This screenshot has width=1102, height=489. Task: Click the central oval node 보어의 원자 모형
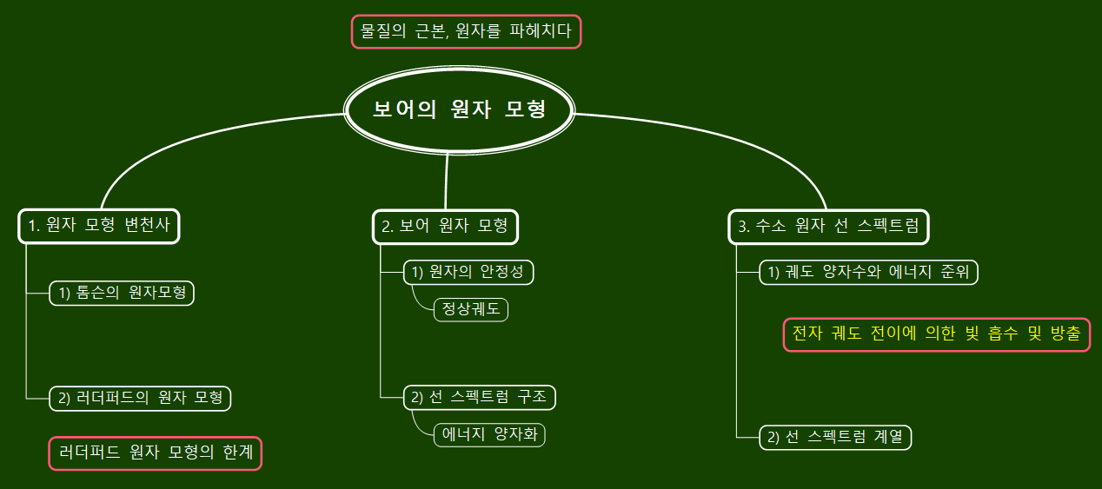point(459,110)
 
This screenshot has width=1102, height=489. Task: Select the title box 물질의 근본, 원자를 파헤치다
point(466,32)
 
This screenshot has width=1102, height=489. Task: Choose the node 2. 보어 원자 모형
point(445,227)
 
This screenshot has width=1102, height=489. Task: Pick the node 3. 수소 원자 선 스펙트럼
point(827,227)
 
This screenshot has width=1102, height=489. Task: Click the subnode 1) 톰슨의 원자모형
point(122,293)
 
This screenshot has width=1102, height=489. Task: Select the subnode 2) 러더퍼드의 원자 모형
point(140,398)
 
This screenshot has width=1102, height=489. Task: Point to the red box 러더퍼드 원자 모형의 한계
point(155,453)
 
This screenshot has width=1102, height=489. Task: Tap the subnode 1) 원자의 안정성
point(468,272)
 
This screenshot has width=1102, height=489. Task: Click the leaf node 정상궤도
point(470,308)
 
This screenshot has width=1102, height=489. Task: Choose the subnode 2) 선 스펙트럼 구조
point(479,397)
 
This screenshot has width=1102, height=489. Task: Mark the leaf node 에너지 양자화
point(489,433)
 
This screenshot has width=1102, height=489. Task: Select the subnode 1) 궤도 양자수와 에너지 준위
point(868,272)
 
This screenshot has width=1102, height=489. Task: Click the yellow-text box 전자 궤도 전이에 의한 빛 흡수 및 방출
point(936,334)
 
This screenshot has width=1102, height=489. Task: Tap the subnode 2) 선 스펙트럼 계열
point(835,437)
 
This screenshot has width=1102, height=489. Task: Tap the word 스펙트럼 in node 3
point(887,227)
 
